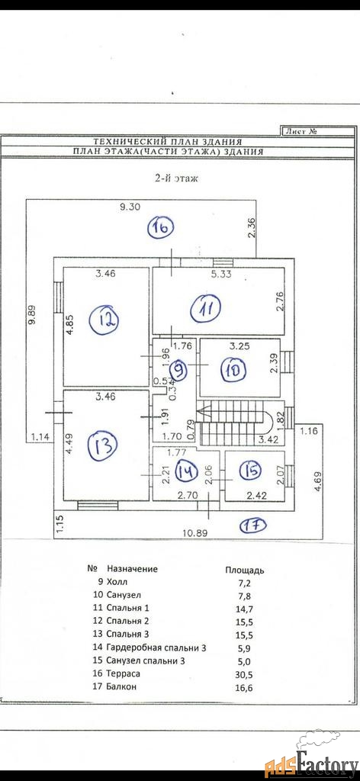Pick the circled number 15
click(x=250, y=470)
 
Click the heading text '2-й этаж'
click(x=175, y=178)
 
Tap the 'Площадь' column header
click(x=245, y=570)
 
